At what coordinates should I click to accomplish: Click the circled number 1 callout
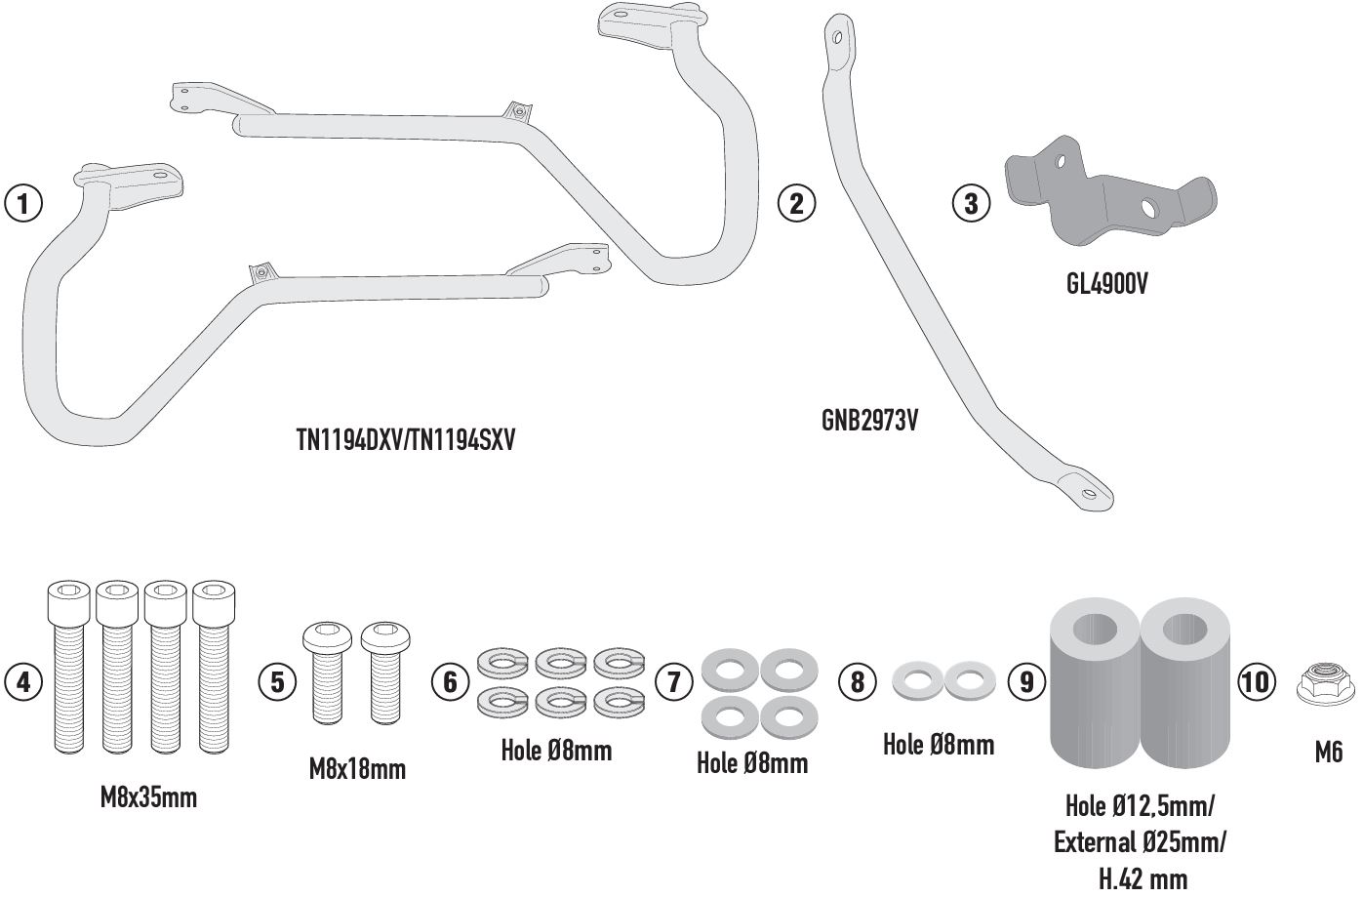(x=23, y=204)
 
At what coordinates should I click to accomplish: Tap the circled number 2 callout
(x=796, y=203)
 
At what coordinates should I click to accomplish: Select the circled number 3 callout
(x=970, y=203)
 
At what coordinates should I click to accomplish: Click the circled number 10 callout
(x=1257, y=680)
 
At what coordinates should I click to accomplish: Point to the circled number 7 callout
(x=673, y=680)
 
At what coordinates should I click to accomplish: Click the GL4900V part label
(x=1106, y=285)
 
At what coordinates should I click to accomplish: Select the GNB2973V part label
(x=869, y=421)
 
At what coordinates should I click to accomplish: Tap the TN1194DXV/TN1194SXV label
(x=405, y=441)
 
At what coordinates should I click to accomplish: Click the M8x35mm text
(x=148, y=797)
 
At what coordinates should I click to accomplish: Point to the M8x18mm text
(x=357, y=769)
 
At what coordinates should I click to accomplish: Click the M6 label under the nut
(x=1328, y=752)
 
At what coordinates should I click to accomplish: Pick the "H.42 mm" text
(x=1143, y=879)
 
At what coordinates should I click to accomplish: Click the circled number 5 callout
(x=277, y=680)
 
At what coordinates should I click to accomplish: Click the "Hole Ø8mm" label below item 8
(x=938, y=745)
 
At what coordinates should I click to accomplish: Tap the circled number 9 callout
(x=1025, y=680)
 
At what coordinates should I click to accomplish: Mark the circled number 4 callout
(x=23, y=680)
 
